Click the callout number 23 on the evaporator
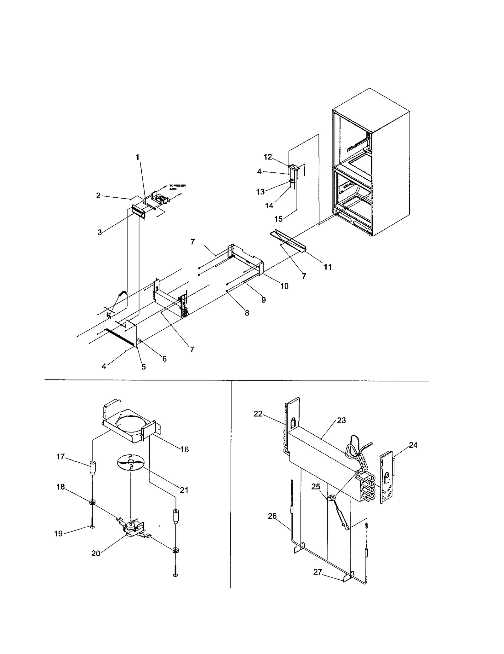[341, 420]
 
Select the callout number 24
[413, 445]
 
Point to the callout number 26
[272, 516]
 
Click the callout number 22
[258, 414]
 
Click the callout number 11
[328, 267]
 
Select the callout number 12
[267, 157]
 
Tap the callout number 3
[100, 233]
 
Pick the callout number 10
[284, 286]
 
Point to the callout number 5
[143, 367]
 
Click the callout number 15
[278, 219]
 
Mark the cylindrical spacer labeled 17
[93, 469]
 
